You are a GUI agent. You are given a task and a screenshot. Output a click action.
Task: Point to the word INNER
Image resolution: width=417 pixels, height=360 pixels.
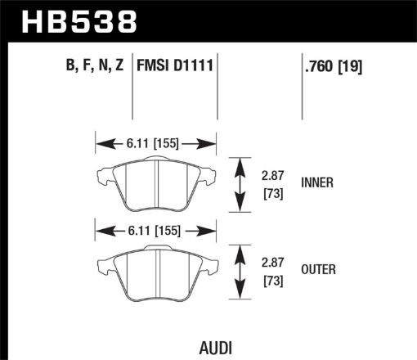(318, 183)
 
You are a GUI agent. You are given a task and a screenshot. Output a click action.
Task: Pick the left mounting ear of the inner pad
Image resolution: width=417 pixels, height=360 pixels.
(104, 173)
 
